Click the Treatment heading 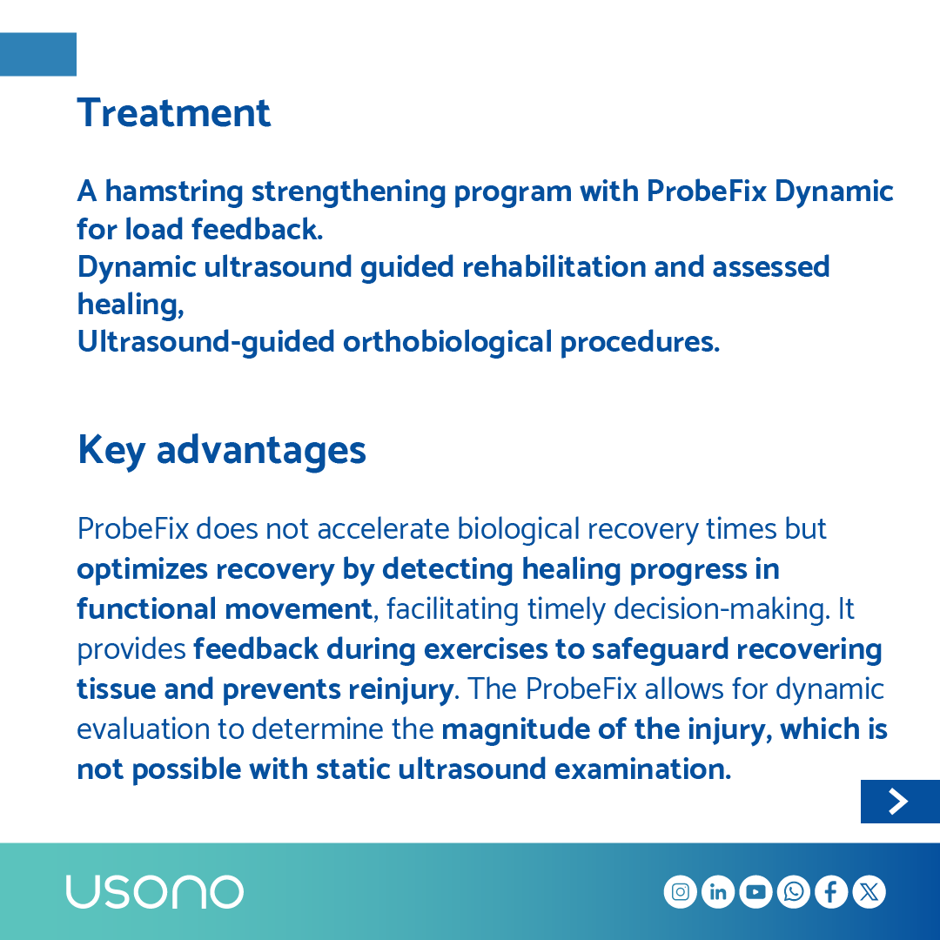pyautogui.click(x=174, y=113)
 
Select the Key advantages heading pyautogui.click(x=221, y=450)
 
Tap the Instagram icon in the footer pyautogui.click(x=681, y=892)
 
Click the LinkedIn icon pyautogui.click(x=718, y=892)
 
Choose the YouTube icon pyautogui.click(x=755, y=892)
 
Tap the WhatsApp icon pyautogui.click(x=794, y=892)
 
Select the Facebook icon pyautogui.click(x=831, y=892)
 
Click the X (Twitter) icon pyautogui.click(x=869, y=892)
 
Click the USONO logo pyautogui.click(x=155, y=892)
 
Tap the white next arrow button pyautogui.click(x=899, y=802)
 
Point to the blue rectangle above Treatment pyautogui.click(x=38, y=54)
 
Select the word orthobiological pyautogui.click(x=447, y=342)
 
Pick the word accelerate pyautogui.click(x=383, y=529)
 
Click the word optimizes pyautogui.click(x=142, y=569)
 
